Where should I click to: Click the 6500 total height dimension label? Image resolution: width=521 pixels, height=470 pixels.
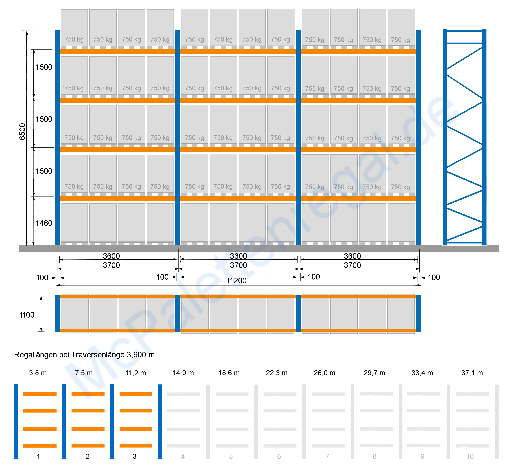[22, 132]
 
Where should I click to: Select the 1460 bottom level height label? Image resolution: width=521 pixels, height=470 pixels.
[44, 223]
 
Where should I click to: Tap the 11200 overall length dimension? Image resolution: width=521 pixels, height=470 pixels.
[236, 281]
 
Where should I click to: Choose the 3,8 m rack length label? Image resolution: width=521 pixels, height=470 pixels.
[38, 373]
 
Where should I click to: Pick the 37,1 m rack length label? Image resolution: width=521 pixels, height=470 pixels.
[472, 373]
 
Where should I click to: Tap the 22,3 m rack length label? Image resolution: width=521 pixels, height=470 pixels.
[277, 373]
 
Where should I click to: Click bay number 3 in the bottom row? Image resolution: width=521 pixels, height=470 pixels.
[134, 456]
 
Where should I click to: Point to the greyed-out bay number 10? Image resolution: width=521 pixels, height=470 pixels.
[470, 456]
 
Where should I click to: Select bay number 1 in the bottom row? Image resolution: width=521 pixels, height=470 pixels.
[38, 456]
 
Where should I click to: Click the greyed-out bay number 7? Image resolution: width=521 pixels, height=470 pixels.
[327, 456]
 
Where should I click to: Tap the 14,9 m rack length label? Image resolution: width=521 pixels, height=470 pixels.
[183, 373]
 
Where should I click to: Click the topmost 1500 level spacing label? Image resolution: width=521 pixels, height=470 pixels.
[44, 67]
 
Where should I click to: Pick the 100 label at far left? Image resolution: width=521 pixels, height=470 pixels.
[42, 278]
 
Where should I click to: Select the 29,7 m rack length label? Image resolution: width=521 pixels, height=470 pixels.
[374, 373]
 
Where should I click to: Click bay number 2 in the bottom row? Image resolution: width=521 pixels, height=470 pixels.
[87, 456]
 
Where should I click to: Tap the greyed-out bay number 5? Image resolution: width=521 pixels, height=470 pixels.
[231, 456]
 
